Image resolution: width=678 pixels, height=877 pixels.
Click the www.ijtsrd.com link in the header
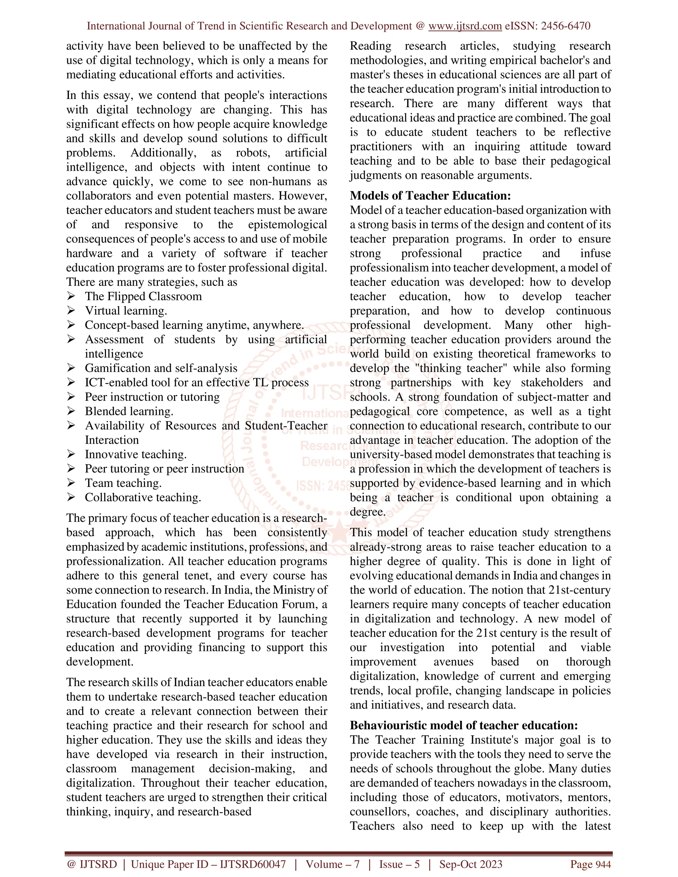pos(465,26)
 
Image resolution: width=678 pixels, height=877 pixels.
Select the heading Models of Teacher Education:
pos(430,196)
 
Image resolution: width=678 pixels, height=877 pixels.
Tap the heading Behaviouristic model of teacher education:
pos(463,725)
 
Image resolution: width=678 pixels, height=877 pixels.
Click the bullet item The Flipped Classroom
pos(143,296)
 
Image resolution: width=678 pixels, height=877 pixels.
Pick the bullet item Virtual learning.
pos(126,311)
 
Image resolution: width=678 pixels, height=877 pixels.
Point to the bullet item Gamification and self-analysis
pos(161,368)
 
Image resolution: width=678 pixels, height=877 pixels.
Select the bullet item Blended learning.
pos(129,411)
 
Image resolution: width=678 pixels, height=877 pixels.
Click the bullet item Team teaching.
pos(123,483)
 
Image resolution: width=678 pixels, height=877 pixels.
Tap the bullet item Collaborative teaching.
pos(143,497)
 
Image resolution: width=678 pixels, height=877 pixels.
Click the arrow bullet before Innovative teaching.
pos(71,454)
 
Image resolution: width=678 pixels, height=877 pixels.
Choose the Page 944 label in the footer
pos(591,864)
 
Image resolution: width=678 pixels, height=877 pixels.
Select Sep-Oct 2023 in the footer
pos(470,864)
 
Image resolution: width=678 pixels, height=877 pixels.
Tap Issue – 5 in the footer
pos(399,864)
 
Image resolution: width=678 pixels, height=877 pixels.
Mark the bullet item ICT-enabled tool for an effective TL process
pos(196,383)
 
